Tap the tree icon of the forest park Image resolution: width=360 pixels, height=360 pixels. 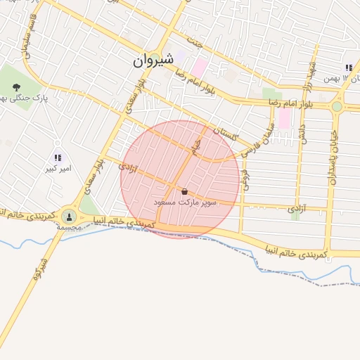pyautogui.click(x=15, y=86)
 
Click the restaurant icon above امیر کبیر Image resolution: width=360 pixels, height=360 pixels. pyautogui.click(x=58, y=158)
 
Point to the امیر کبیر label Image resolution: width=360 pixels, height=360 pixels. pyautogui.click(x=56, y=169)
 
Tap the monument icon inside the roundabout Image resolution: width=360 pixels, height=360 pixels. pyautogui.click(x=69, y=216)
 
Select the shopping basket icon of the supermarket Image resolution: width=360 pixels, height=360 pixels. pyautogui.click(x=184, y=191)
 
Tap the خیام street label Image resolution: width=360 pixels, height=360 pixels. pyautogui.click(x=198, y=146)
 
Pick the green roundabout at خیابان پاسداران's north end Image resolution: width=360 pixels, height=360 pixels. pyautogui.click(x=337, y=106)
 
